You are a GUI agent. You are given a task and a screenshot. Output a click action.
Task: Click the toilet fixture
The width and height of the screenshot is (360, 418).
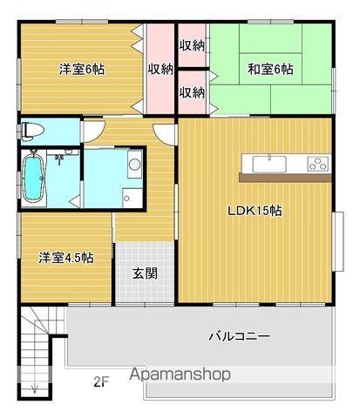click(x=32, y=131)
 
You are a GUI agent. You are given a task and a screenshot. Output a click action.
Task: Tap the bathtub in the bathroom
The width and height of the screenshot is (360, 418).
click(x=33, y=178)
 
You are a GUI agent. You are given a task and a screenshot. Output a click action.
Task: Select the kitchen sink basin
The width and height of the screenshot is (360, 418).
click(x=269, y=165)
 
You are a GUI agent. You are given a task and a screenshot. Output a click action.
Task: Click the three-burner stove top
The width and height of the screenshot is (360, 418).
click(x=318, y=164)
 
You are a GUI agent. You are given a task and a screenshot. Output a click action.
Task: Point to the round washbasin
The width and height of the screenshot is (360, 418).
click(x=134, y=165)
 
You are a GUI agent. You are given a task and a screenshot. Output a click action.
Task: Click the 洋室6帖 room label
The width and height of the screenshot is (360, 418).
click(x=82, y=70)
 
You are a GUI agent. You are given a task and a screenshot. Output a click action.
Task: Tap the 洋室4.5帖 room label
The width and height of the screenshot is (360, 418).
click(x=66, y=258)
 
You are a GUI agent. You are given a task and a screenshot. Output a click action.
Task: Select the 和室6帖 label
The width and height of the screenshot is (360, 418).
click(x=270, y=70)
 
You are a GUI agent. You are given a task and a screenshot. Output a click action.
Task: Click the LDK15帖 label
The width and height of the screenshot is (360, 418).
click(x=255, y=211)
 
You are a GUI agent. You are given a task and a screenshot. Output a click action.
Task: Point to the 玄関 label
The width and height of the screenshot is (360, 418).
click(x=145, y=273)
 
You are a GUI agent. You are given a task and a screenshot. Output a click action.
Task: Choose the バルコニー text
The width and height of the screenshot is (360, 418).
click(x=239, y=336)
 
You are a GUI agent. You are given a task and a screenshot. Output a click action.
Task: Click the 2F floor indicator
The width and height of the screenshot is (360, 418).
click(x=101, y=381)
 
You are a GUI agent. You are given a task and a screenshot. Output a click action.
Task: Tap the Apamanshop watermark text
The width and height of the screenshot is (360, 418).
click(x=180, y=374)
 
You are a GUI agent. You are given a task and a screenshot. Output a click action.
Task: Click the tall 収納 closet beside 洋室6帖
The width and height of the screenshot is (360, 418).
click(x=160, y=70)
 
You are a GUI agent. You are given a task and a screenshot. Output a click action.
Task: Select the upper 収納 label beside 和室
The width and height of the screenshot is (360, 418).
click(x=192, y=45)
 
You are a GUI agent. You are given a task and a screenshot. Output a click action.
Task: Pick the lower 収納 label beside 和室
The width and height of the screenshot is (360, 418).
click(x=192, y=92)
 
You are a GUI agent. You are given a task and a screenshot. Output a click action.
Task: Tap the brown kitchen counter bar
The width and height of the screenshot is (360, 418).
click(x=285, y=178)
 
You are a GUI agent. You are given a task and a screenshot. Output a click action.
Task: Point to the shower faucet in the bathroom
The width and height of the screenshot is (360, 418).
click(x=59, y=158)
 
